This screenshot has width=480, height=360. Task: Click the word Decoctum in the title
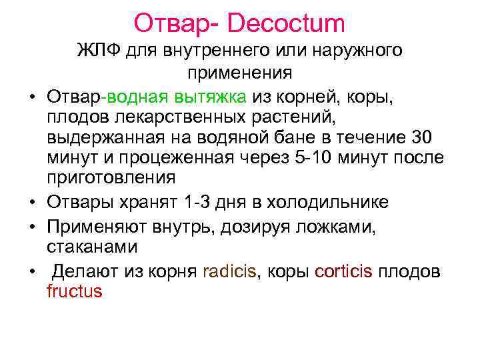click(286, 23)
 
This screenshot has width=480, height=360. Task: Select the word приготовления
click(111, 178)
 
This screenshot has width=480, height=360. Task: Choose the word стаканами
click(93, 247)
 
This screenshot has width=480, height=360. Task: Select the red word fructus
click(74, 291)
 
